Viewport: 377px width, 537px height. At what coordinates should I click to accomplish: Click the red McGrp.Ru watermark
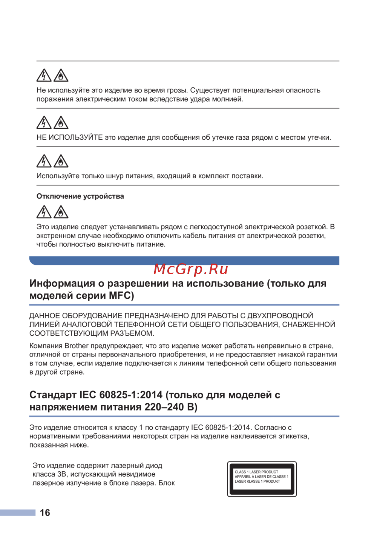[x=191, y=269]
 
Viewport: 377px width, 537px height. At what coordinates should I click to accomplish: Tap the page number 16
[x=45, y=513]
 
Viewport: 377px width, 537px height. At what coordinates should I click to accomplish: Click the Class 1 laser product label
[x=262, y=479]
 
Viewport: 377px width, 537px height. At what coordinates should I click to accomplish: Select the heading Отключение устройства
[x=80, y=196]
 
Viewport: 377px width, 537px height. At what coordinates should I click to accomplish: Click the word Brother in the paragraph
[x=77, y=346]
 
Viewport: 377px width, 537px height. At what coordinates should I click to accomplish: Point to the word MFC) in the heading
[x=121, y=296]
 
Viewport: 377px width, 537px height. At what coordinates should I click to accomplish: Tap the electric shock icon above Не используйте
[x=44, y=76]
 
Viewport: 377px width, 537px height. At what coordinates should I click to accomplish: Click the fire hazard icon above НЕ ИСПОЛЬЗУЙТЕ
[x=61, y=123]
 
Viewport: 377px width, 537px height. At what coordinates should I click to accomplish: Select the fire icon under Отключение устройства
[x=61, y=212]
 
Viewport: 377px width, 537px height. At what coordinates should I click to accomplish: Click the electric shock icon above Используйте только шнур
[x=44, y=161]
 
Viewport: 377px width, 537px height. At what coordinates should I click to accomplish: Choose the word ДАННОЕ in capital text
[x=44, y=316]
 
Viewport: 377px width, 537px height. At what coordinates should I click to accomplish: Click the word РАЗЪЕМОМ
[x=132, y=333]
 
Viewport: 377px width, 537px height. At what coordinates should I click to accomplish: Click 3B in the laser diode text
[x=62, y=474]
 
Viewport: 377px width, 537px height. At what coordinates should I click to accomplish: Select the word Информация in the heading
[x=62, y=284]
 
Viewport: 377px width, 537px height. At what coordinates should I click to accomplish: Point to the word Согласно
[x=270, y=427]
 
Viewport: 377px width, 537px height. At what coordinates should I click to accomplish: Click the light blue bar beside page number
[x=18, y=512]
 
